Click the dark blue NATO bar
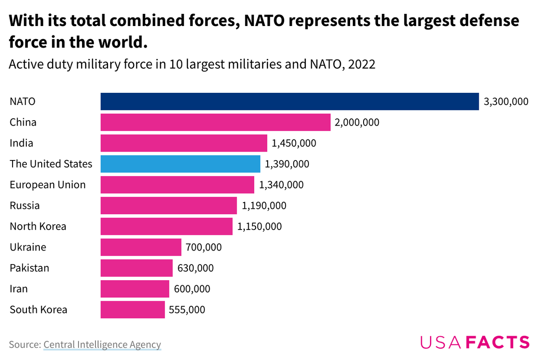[x=290, y=101]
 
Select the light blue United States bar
[x=180, y=164]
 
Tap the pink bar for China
[x=215, y=122]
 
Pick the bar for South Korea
[x=133, y=310]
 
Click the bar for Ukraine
[x=141, y=247]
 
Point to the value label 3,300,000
[x=506, y=102]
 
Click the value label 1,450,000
[x=294, y=143]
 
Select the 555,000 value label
[x=187, y=310]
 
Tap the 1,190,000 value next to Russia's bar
[x=264, y=206]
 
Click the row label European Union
[x=48, y=185]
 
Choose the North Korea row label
[x=38, y=226]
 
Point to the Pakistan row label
[x=30, y=268]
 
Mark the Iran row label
[x=19, y=289]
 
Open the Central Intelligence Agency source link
[x=102, y=344]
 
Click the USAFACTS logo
[x=475, y=343]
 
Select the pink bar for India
[x=184, y=143]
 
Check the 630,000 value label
[x=195, y=268]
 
